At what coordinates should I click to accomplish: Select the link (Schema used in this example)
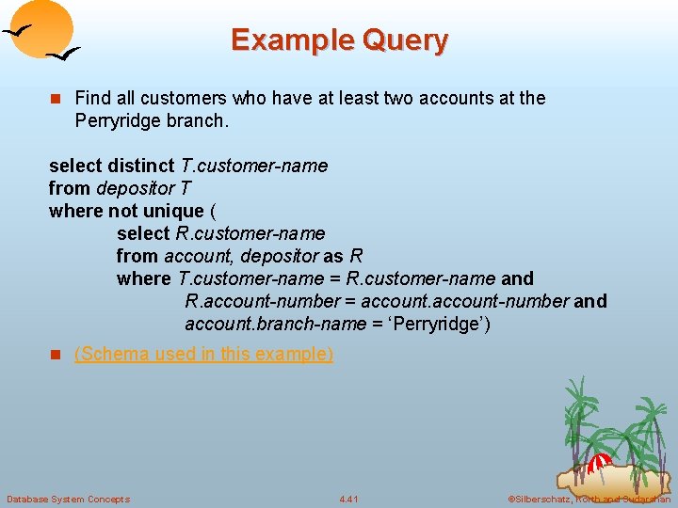(x=203, y=354)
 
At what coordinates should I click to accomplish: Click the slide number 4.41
(x=348, y=499)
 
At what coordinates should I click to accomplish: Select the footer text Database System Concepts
(x=68, y=499)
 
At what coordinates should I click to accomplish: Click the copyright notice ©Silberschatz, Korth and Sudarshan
(x=589, y=499)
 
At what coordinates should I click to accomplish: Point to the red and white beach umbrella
(x=600, y=463)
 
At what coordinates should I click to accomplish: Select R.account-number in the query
(x=262, y=301)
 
